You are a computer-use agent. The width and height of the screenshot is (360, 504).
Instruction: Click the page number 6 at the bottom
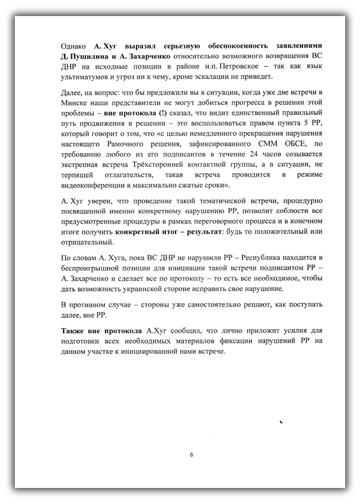[x=191, y=455]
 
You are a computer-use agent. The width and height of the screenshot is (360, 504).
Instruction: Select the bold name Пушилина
[x=90, y=56]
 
